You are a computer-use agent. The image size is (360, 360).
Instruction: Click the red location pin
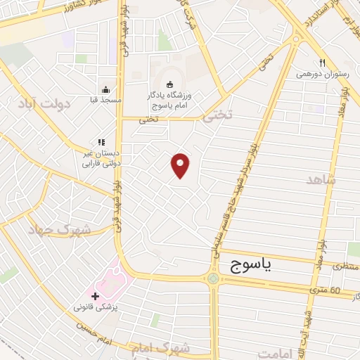(181, 165)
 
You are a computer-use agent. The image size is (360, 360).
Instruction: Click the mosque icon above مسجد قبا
(105, 89)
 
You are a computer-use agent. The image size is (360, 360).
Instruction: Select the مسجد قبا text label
(105, 101)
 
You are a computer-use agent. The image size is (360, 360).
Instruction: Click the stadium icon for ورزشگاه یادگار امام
(169, 85)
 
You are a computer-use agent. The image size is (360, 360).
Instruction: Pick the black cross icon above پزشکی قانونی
(96, 296)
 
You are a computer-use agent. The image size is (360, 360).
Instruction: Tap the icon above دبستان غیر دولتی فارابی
(102, 142)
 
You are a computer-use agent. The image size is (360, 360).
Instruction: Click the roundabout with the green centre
(213, 278)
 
